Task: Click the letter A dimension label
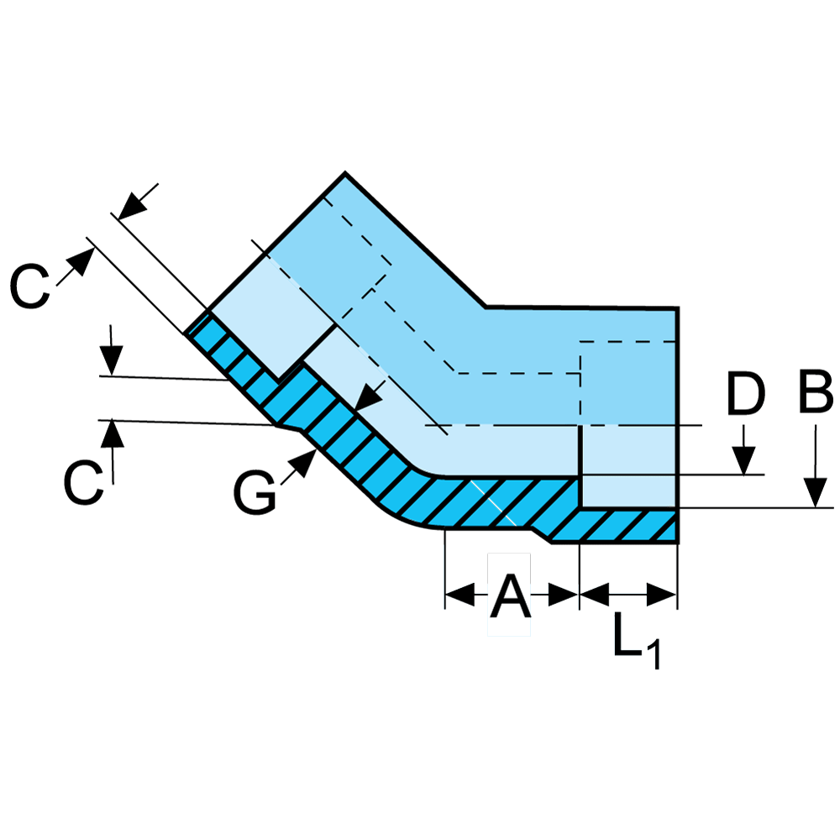(x=511, y=597)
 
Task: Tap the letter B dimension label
(x=815, y=394)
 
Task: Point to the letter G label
(x=255, y=492)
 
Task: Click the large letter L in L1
(x=627, y=636)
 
